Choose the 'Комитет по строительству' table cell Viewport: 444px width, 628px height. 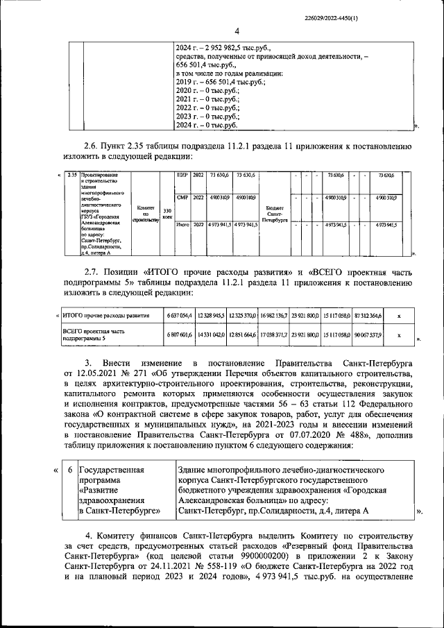point(146,211)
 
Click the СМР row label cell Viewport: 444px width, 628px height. point(183,198)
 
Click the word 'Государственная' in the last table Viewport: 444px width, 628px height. point(111,470)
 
